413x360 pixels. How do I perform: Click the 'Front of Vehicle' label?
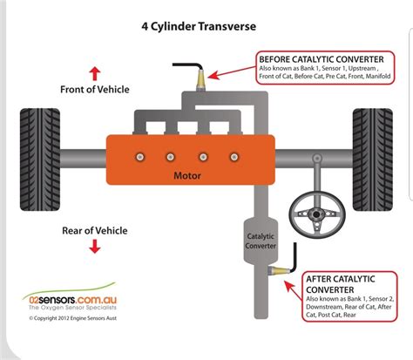(95, 88)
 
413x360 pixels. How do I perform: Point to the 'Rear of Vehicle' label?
(94, 230)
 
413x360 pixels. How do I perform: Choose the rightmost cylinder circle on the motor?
(232, 157)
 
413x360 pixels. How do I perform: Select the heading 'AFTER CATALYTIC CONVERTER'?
(341, 284)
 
